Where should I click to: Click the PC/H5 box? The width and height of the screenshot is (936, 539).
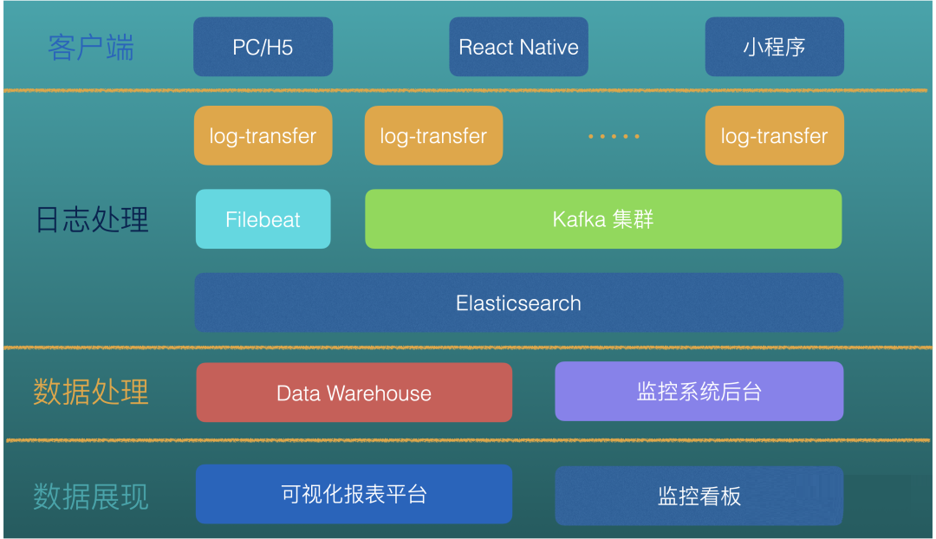tap(263, 47)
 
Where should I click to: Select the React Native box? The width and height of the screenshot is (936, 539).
tap(518, 47)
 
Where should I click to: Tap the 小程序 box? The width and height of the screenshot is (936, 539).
tap(774, 47)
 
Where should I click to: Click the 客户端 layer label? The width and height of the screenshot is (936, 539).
tap(91, 48)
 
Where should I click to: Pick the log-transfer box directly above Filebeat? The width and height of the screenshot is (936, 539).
tap(263, 135)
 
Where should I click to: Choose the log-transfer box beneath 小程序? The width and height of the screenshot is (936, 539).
tap(774, 135)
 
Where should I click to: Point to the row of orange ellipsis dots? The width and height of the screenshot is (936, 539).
tap(614, 137)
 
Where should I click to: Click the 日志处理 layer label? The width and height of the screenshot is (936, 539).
tap(92, 219)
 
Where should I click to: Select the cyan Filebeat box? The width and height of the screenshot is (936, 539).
tap(263, 219)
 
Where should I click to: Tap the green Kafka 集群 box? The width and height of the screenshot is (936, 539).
tap(603, 219)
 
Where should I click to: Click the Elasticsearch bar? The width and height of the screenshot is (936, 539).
tap(519, 302)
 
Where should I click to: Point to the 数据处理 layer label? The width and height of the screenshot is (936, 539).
tap(91, 393)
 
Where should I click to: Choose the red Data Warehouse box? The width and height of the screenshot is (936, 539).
tap(354, 393)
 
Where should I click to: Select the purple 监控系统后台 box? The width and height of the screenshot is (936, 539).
tap(699, 391)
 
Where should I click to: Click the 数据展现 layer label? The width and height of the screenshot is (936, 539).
tap(91, 497)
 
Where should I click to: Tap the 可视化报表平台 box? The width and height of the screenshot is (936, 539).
tap(354, 494)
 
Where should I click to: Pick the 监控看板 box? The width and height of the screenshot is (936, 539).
tap(699, 496)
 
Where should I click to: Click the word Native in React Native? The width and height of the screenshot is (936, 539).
tap(549, 47)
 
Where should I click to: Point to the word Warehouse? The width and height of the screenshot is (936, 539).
tap(379, 393)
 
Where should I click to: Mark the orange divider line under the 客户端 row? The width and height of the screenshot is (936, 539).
tap(465, 91)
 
